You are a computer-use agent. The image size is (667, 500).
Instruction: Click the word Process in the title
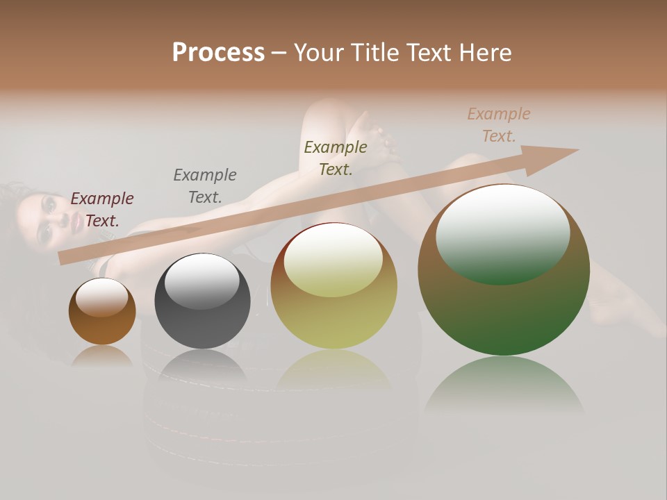click(218, 53)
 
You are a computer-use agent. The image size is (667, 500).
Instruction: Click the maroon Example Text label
click(102, 210)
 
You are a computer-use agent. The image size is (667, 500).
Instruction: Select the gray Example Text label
click(205, 186)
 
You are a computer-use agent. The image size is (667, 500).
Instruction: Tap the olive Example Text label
click(336, 158)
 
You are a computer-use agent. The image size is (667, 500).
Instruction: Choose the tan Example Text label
click(498, 125)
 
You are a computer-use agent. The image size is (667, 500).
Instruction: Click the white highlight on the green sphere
click(502, 233)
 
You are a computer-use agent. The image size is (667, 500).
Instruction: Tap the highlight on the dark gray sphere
click(201, 280)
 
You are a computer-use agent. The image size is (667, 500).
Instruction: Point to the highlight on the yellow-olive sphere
click(333, 258)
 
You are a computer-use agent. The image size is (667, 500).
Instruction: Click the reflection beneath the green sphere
click(504, 389)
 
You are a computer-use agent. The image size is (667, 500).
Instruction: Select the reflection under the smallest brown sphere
click(102, 356)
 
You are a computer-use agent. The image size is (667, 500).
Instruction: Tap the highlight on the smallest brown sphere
click(101, 297)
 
